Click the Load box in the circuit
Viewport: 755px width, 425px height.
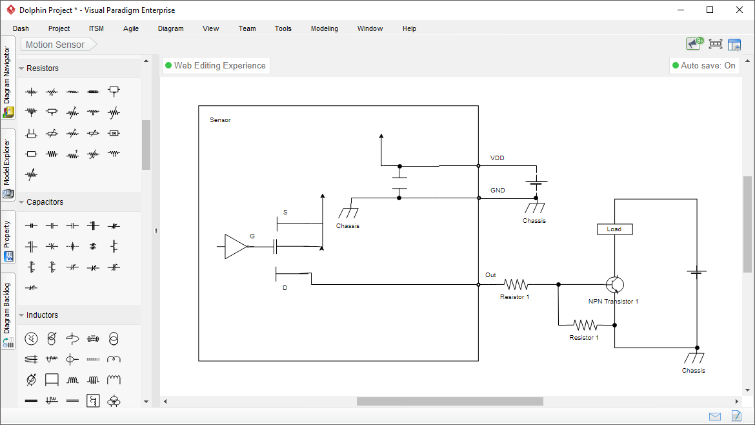tap(614, 229)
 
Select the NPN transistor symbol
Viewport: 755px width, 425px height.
tap(615, 284)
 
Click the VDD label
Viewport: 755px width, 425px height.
tap(498, 158)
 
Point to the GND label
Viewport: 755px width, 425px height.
tap(498, 191)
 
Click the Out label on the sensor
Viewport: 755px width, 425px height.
tap(490, 275)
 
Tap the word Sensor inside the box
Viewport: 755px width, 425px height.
tap(220, 120)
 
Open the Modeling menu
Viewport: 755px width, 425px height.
tap(324, 28)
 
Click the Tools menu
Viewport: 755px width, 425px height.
tap(283, 28)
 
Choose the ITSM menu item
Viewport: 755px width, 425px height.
tap(96, 28)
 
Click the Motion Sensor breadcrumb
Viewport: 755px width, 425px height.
tap(55, 45)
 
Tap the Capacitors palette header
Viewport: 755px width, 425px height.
tap(45, 202)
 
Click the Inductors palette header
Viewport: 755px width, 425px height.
tap(42, 315)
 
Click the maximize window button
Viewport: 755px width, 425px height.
tap(710, 10)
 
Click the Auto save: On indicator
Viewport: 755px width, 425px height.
tap(703, 65)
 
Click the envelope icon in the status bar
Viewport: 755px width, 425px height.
tap(715, 416)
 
